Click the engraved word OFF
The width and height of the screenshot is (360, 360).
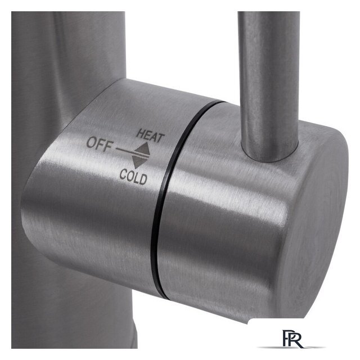pos(100,145)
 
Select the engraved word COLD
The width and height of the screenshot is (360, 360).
pos(133,177)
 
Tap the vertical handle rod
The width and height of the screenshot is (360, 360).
pos(269,85)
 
